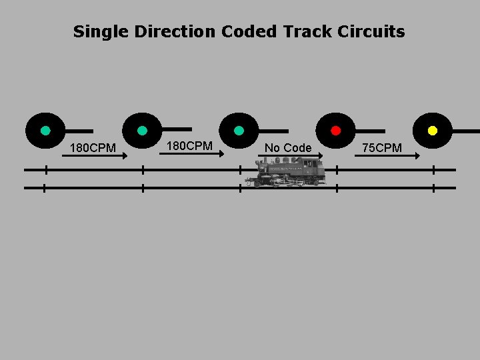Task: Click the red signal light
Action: click(336, 130)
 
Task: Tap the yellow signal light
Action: click(433, 130)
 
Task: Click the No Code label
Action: click(288, 147)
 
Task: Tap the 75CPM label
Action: click(382, 147)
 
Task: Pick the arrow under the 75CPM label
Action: click(387, 156)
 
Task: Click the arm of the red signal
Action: click(371, 131)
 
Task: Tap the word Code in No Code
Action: click(297, 147)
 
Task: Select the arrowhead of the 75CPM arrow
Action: click(417, 156)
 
